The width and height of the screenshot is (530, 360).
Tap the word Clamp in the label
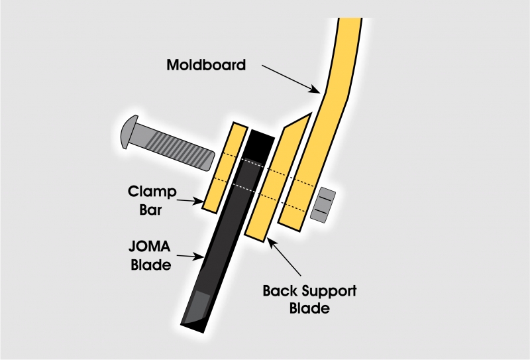pyautogui.click(x=152, y=192)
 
